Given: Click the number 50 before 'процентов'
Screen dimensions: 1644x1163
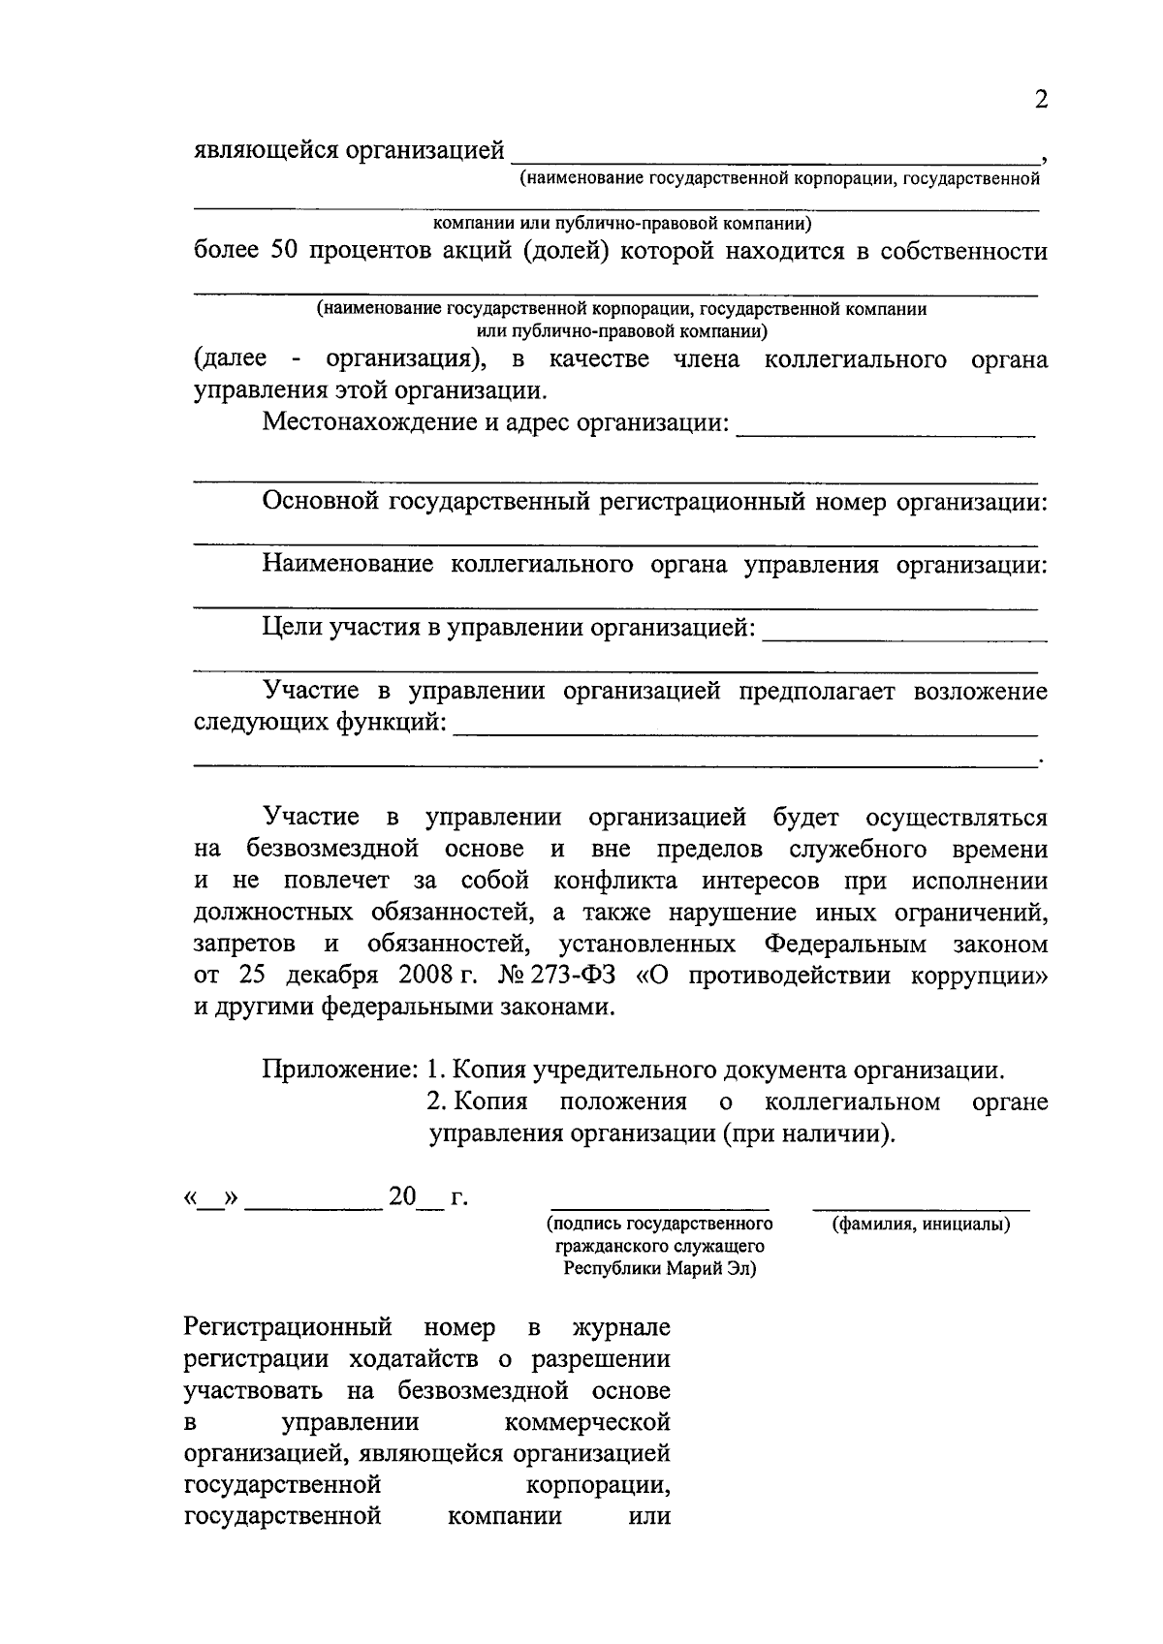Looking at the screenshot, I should click(280, 252).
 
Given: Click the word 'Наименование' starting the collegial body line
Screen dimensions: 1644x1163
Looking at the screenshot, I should click(348, 565).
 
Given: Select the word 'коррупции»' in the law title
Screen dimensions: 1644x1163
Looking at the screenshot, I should click(979, 975).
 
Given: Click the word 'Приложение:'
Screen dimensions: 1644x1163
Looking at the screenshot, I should click(339, 1070).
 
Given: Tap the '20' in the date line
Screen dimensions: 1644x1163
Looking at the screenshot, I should click(401, 1198).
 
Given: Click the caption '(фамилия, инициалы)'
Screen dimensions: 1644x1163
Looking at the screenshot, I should click(921, 1225).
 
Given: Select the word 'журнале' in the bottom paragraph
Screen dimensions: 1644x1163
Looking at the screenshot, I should click(622, 1327).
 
